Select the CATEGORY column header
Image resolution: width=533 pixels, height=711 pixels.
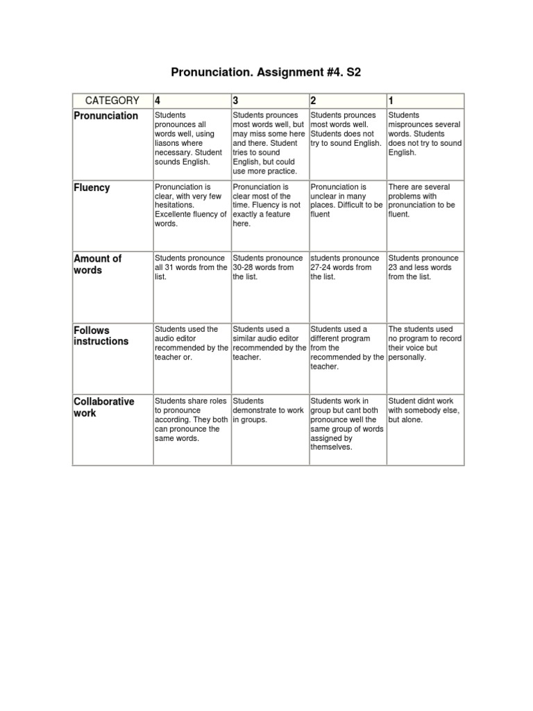(x=112, y=101)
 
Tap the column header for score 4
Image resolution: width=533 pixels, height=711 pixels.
(x=158, y=101)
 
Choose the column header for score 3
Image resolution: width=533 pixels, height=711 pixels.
(x=237, y=101)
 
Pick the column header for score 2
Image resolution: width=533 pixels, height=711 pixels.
(x=314, y=101)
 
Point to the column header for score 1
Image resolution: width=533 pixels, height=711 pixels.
(x=392, y=101)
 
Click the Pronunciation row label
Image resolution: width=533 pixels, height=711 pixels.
(x=106, y=116)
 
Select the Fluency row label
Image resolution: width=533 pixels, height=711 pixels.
(x=92, y=187)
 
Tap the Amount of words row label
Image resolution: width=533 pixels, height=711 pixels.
(x=97, y=265)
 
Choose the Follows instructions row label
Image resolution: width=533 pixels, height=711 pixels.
(x=101, y=335)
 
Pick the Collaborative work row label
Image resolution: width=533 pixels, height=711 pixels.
(x=104, y=408)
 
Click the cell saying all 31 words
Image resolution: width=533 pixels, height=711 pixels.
(x=191, y=267)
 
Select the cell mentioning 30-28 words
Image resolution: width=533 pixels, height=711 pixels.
(x=269, y=267)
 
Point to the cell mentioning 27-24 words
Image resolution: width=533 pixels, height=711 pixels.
(x=346, y=267)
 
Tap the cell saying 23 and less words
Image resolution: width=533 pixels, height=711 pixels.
(x=424, y=267)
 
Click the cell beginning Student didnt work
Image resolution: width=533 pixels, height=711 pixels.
(x=424, y=410)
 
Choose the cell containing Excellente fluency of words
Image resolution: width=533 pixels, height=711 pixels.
(x=191, y=206)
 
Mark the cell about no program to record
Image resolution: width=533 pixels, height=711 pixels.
(x=424, y=343)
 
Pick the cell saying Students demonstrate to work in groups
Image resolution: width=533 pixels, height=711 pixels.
(x=269, y=410)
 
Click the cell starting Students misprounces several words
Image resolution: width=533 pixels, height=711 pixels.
(x=424, y=133)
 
